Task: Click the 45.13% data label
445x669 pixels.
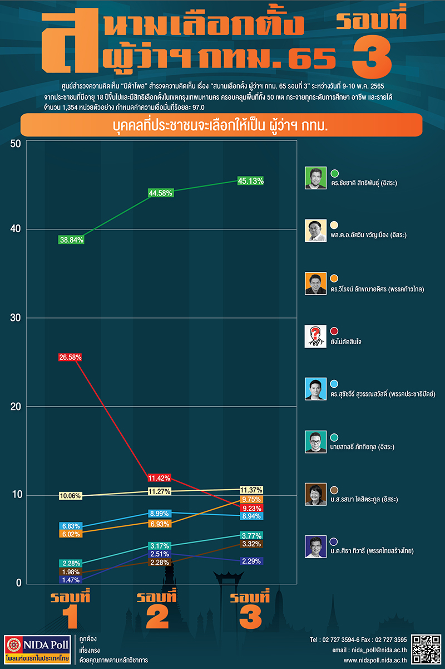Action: click(250, 180)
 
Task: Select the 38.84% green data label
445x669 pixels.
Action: click(71, 239)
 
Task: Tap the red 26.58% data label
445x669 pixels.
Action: click(71, 357)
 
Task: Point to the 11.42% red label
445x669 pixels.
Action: click(159, 478)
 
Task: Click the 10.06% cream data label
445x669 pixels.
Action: click(71, 496)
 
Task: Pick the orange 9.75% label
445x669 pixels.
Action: click(250, 500)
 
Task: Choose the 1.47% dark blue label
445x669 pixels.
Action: click(71, 580)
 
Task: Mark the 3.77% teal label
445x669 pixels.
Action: click(250, 536)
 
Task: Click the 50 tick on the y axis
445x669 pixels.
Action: click(16, 143)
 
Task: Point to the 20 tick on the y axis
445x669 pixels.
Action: click(16, 407)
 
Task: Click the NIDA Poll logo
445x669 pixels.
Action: click(37, 650)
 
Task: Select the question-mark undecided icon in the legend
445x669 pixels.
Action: click(315, 336)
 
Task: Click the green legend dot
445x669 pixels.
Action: click(335, 173)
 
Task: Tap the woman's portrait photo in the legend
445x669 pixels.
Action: click(315, 495)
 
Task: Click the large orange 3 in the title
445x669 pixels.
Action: click(372, 55)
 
